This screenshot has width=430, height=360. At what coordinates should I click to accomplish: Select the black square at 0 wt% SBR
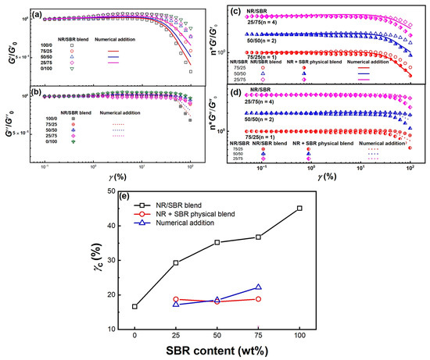135,306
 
